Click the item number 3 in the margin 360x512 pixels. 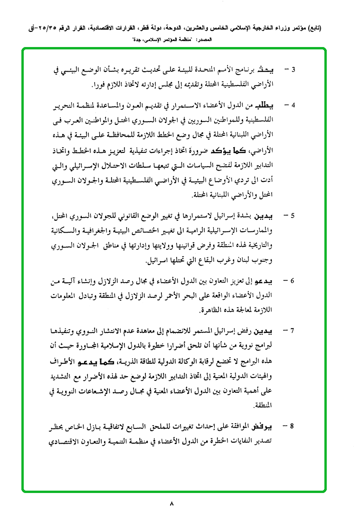click(x=294, y=70)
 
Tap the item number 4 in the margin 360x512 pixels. click(x=294, y=104)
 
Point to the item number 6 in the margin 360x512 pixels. click(x=294, y=280)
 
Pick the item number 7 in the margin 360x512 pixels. click(x=294, y=330)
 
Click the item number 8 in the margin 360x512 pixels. click(x=294, y=426)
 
